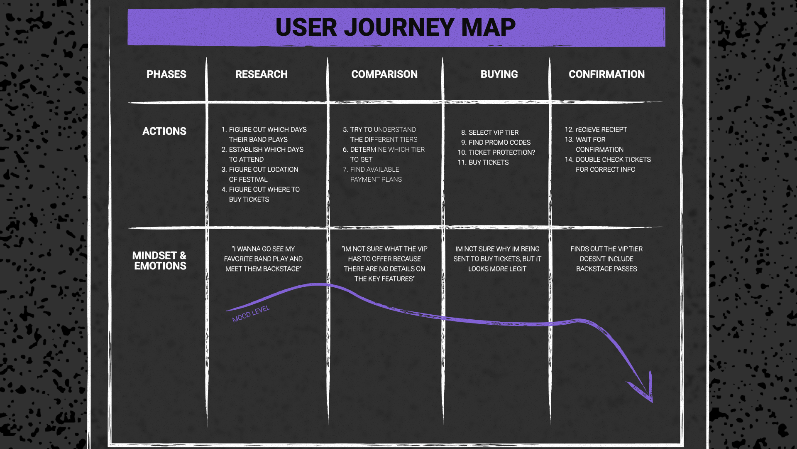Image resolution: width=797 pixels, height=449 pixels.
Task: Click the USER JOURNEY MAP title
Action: [395, 27]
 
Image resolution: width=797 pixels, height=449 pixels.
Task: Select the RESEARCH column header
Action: [261, 74]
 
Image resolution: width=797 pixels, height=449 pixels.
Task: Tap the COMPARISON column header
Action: [384, 74]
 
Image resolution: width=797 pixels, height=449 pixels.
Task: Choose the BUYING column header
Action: [499, 74]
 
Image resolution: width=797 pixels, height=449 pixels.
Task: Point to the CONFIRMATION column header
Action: [606, 74]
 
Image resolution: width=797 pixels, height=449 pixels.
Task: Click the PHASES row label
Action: [166, 74]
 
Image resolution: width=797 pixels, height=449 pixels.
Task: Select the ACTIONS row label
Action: [164, 131]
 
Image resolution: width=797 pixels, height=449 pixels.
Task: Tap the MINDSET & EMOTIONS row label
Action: [160, 261]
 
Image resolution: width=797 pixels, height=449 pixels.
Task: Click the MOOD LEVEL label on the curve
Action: [251, 313]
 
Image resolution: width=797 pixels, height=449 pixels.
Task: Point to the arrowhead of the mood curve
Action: [648, 393]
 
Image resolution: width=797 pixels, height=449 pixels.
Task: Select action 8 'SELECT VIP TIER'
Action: [493, 133]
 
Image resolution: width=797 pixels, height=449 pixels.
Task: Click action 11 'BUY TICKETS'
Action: [488, 163]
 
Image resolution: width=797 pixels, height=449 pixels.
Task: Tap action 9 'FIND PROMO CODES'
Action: [499, 143]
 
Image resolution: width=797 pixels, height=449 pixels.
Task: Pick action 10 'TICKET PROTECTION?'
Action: [501, 153]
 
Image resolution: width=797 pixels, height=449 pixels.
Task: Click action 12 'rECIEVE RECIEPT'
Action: [601, 130]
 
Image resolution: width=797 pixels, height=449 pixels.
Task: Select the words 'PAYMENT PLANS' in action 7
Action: [376, 180]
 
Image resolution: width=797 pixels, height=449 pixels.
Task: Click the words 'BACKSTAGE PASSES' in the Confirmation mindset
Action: [606, 269]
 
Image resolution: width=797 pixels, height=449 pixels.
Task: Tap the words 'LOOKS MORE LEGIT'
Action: [497, 269]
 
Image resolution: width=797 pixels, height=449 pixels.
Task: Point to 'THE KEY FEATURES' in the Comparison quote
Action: [384, 279]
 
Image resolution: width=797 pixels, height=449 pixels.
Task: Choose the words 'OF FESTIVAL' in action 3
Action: [248, 180]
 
